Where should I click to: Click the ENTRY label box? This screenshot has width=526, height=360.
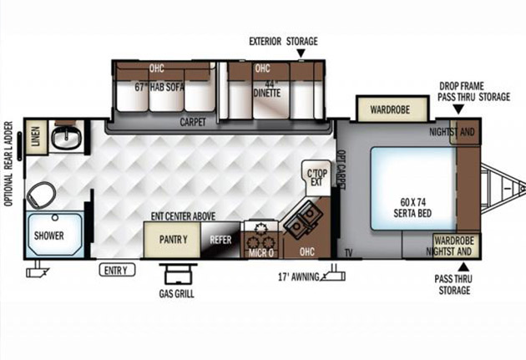click(x=117, y=270)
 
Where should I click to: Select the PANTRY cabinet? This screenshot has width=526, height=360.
click(x=173, y=240)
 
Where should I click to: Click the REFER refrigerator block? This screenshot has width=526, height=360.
click(x=220, y=240)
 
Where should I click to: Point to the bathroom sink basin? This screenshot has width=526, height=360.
click(x=66, y=137)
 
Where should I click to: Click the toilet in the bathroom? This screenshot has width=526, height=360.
click(x=41, y=195)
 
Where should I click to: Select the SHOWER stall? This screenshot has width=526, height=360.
click(x=54, y=235)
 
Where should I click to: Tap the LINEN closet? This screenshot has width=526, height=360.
click(x=36, y=136)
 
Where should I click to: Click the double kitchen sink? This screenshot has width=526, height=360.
click(x=303, y=219)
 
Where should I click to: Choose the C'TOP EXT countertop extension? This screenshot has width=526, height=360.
click(x=316, y=177)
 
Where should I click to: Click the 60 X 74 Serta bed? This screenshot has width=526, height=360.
click(x=413, y=189)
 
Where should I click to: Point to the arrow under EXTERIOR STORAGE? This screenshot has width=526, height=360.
click(x=301, y=53)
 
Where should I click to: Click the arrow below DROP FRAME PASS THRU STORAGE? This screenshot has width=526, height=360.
click(x=458, y=109)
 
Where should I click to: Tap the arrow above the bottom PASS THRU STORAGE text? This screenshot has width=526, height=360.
click(x=463, y=266)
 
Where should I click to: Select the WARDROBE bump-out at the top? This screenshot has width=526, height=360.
click(x=392, y=109)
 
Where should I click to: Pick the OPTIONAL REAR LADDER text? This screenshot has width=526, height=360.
click(x=8, y=164)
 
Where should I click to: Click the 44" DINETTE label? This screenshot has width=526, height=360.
click(x=267, y=89)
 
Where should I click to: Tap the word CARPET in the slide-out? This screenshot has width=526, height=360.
click(x=193, y=122)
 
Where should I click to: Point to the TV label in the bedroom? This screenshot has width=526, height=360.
click(x=348, y=253)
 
